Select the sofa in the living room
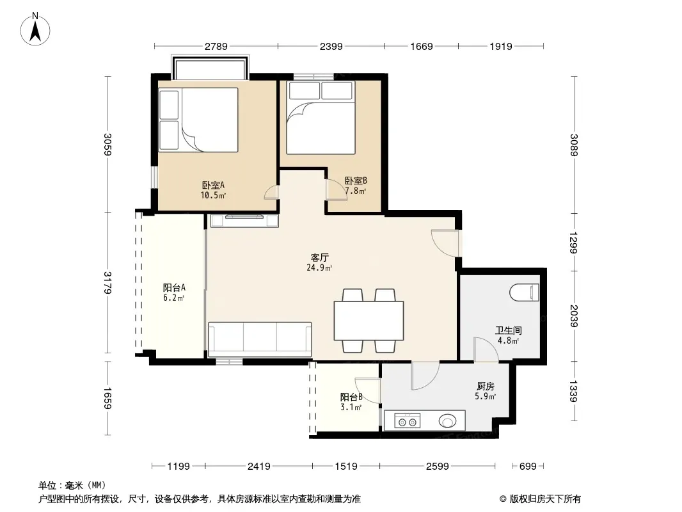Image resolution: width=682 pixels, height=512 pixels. click(x=260, y=339)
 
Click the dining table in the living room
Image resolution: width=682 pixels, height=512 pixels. click(x=369, y=321)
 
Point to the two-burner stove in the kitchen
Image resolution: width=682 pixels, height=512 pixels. click(x=407, y=421)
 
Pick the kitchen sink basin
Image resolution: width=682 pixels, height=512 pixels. click(x=447, y=421)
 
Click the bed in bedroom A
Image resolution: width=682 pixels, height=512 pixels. click(x=198, y=120)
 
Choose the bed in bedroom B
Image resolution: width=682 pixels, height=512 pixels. click(x=321, y=118)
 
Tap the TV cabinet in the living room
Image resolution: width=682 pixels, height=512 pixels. click(x=244, y=221)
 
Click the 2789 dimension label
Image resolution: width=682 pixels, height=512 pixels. click(x=216, y=46)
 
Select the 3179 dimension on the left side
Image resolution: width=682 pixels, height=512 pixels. click(x=107, y=282)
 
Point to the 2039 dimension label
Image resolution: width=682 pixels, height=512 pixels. click(x=574, y=316)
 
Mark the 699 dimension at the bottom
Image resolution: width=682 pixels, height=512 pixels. click(x=528, y=467)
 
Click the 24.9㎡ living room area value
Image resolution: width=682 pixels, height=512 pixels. click(x=319, y=268)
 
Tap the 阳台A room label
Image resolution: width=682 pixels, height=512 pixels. click(x=175, y=287)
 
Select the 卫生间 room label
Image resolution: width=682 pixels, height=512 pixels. click(x=508, y=331)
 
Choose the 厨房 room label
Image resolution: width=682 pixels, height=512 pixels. click(x=486, y=387)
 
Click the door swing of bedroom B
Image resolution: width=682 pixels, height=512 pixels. click(x=337, y=189)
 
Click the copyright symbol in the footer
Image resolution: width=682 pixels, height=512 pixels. click(x=503, y=499)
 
